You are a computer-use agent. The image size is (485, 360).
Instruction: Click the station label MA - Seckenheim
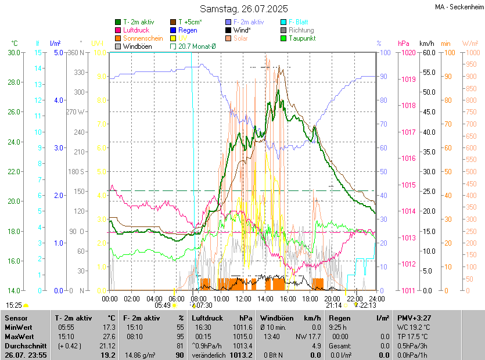point(458,7)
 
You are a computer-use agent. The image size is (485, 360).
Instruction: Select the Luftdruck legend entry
point(137,30)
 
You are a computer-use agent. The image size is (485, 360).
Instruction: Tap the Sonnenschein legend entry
point(143,38)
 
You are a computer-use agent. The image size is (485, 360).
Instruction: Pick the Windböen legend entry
point(137,46)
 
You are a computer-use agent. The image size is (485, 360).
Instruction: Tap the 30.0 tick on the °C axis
point(13,52)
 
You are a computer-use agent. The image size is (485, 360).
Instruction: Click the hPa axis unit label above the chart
point(403,43)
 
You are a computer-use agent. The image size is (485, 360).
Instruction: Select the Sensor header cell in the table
point(16,318)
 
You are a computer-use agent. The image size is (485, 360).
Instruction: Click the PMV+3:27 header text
point(414,318)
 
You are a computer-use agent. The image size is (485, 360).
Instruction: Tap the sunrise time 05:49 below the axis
point(163,305)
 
